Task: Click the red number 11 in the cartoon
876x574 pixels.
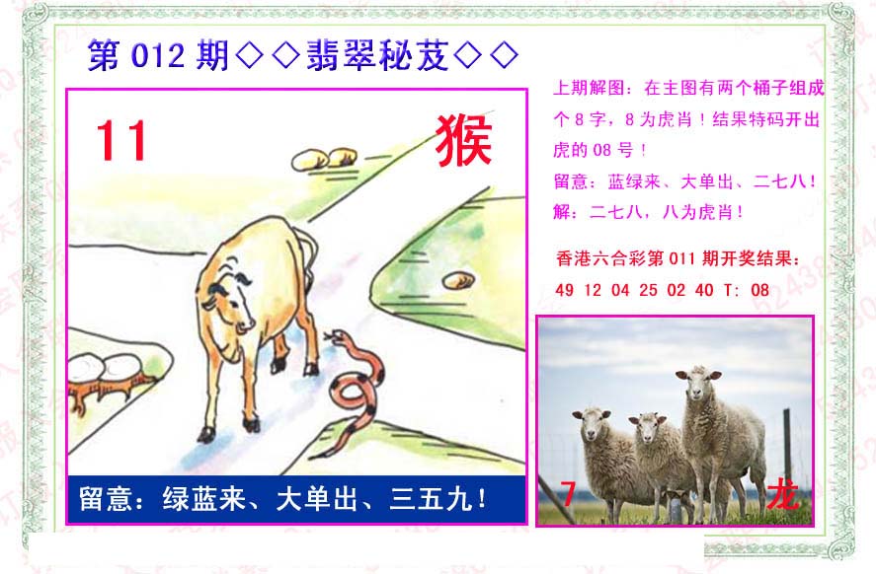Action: (121, 141)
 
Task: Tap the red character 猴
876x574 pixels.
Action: (464, 141)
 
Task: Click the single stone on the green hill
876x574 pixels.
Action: (458, 280)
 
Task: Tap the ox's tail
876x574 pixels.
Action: (308, 251)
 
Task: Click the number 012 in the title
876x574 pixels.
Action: (158, 56)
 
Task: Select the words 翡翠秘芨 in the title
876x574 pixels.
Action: (377, 55)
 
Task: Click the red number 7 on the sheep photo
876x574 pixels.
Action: (568, 494)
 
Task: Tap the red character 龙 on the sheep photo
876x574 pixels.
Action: (782, 494)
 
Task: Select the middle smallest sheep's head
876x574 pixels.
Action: (648, 427)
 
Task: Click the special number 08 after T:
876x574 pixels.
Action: (759, 290)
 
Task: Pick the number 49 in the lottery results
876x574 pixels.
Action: (564, 290)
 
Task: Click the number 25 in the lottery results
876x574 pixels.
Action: (648, 290)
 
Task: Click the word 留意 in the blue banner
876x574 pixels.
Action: (105, 499)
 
